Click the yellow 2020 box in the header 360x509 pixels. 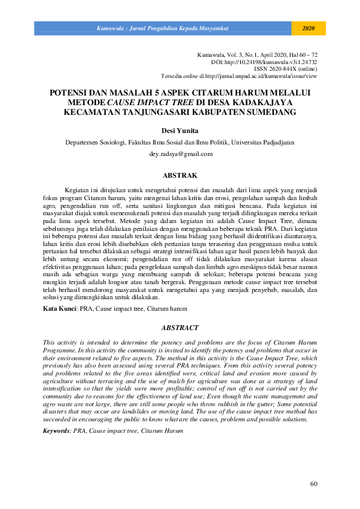pos(309,28)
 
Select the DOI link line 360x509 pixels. pos(264,62)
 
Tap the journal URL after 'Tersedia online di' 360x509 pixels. pos(261,77)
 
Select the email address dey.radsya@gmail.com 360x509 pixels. pos(180,154)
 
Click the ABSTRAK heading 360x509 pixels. pos(180,175)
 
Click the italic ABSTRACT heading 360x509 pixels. pos(180,328)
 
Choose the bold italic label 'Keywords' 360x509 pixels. pos(56,431)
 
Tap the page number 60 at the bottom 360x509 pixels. pos(313,484)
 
